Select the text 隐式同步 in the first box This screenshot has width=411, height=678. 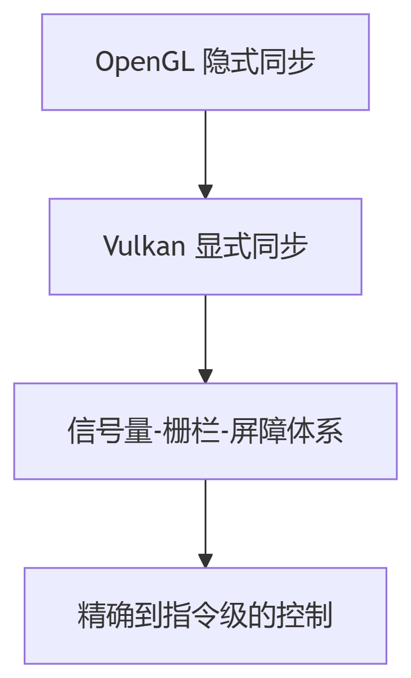pos(258,62)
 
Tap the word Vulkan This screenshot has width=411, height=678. pos(144,246)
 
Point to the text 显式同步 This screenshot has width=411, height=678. pos(251,246)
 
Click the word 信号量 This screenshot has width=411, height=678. pos(110,431)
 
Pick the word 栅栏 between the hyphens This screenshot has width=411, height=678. pos(192,431)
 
